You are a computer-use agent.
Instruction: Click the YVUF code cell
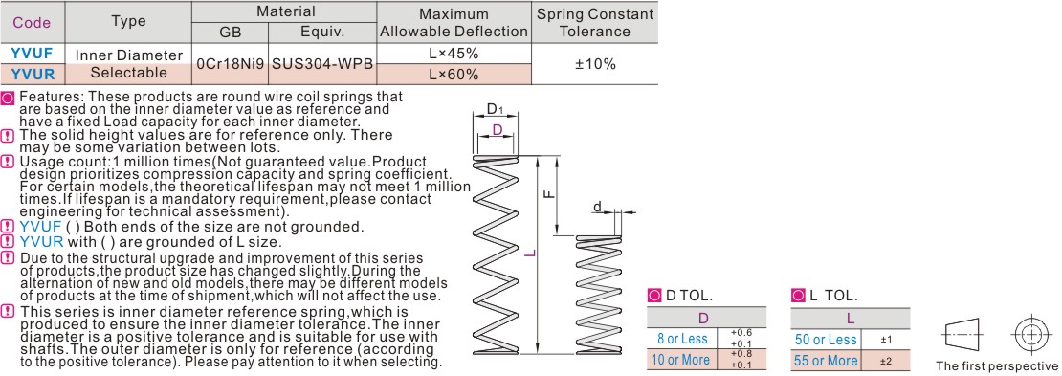point(33,54)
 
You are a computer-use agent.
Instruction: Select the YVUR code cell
point(33,74)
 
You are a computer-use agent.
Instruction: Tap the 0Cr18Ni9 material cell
point(231,64)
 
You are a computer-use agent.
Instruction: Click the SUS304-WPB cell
point(322,64)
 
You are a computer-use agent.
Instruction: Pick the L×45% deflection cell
point(454,54)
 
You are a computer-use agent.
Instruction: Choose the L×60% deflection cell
point(454,74)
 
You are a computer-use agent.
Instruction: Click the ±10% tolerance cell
point(595,64)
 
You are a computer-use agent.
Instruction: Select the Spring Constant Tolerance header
point(595,22)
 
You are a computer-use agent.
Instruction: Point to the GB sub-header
point(231,33)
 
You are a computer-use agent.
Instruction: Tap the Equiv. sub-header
point(322,33)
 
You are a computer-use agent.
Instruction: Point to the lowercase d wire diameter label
point(597,206)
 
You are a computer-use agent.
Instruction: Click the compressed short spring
point(595,294)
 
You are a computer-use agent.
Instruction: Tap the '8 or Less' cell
point(682,339)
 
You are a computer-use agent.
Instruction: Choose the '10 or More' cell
point(682,360)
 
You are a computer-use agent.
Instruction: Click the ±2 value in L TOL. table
point(885,360)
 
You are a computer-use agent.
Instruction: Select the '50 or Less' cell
point(826,339)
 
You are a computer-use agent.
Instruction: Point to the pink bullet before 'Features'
point(8,97)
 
